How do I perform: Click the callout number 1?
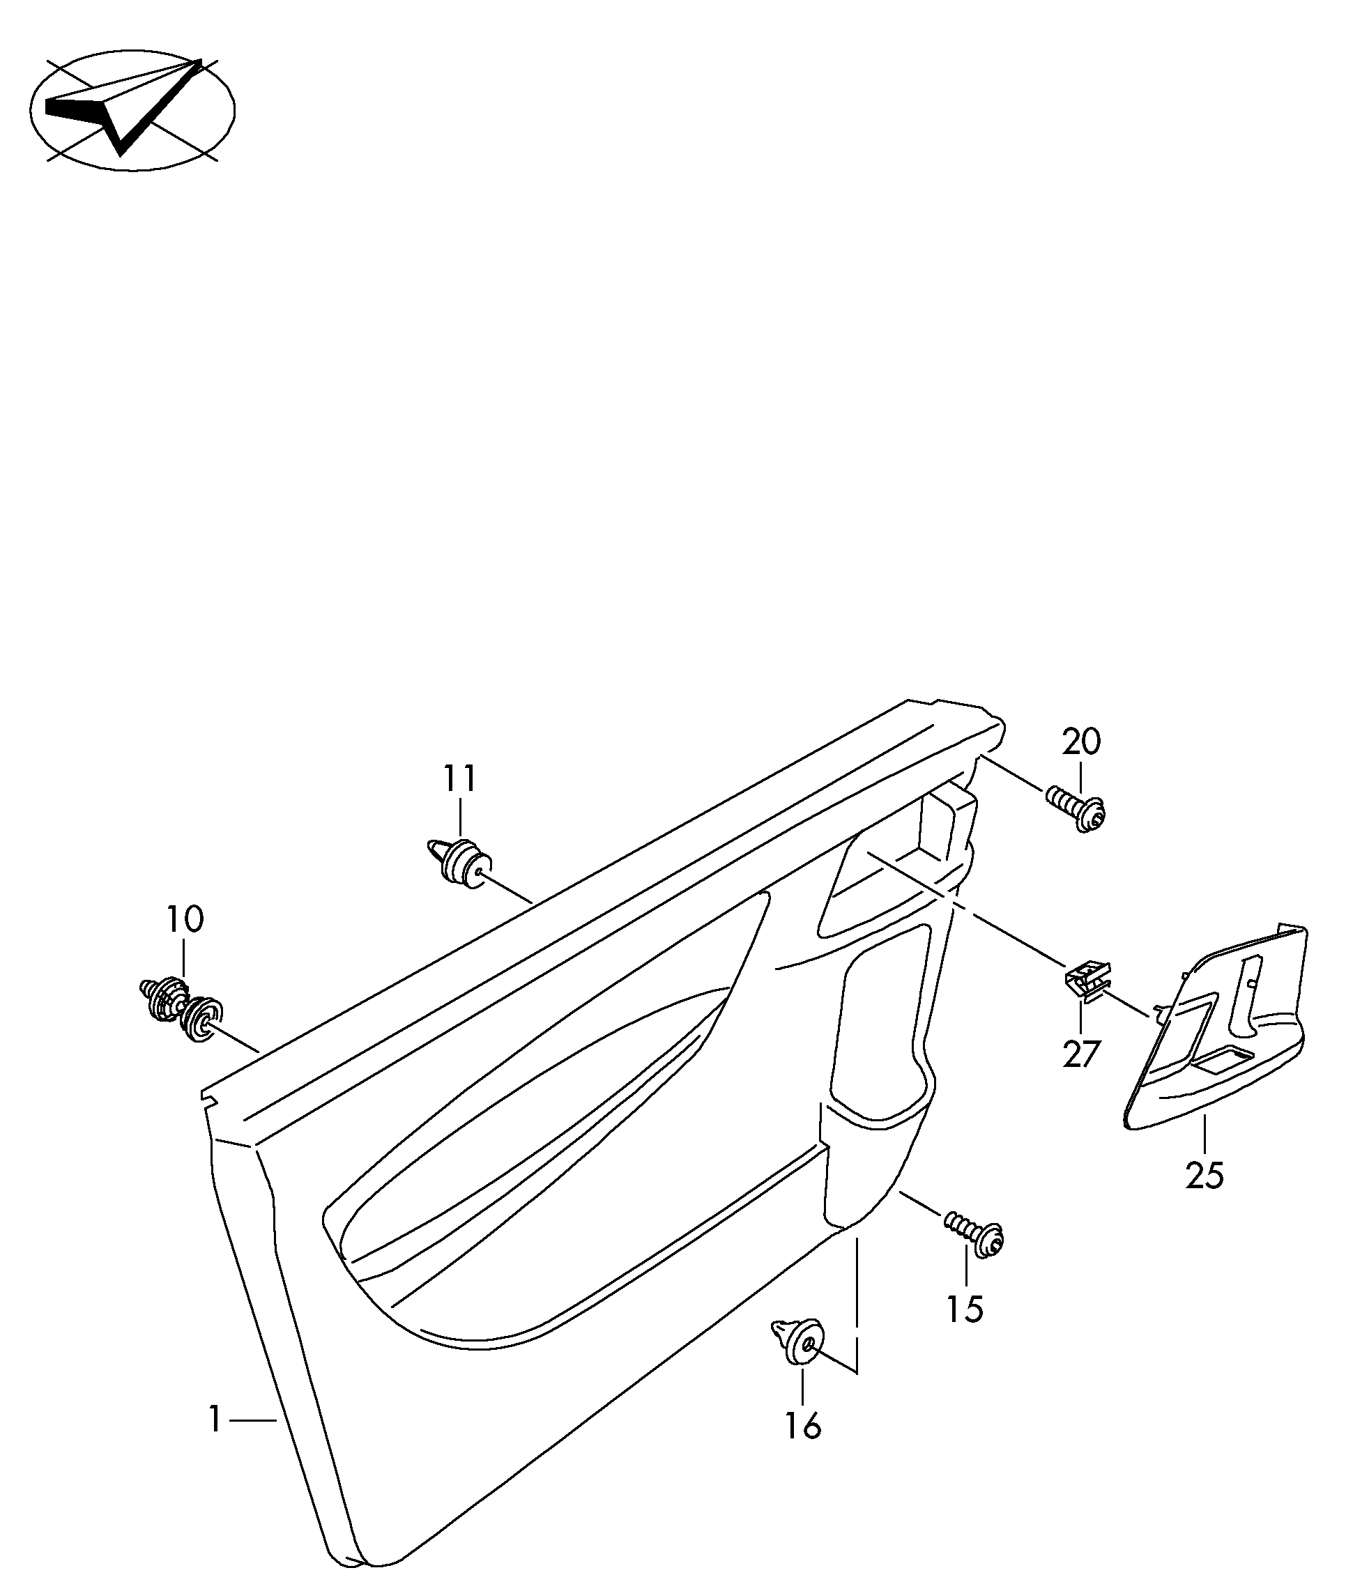[x=215, y=1420]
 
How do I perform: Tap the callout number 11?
[x=460, y=778]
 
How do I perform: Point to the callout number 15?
[x=966, y=1309]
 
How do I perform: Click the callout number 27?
[x=1082, y=1054]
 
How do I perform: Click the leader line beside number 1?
[x=252, y=1420]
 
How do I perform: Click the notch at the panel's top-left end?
[x=206, y=1097]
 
